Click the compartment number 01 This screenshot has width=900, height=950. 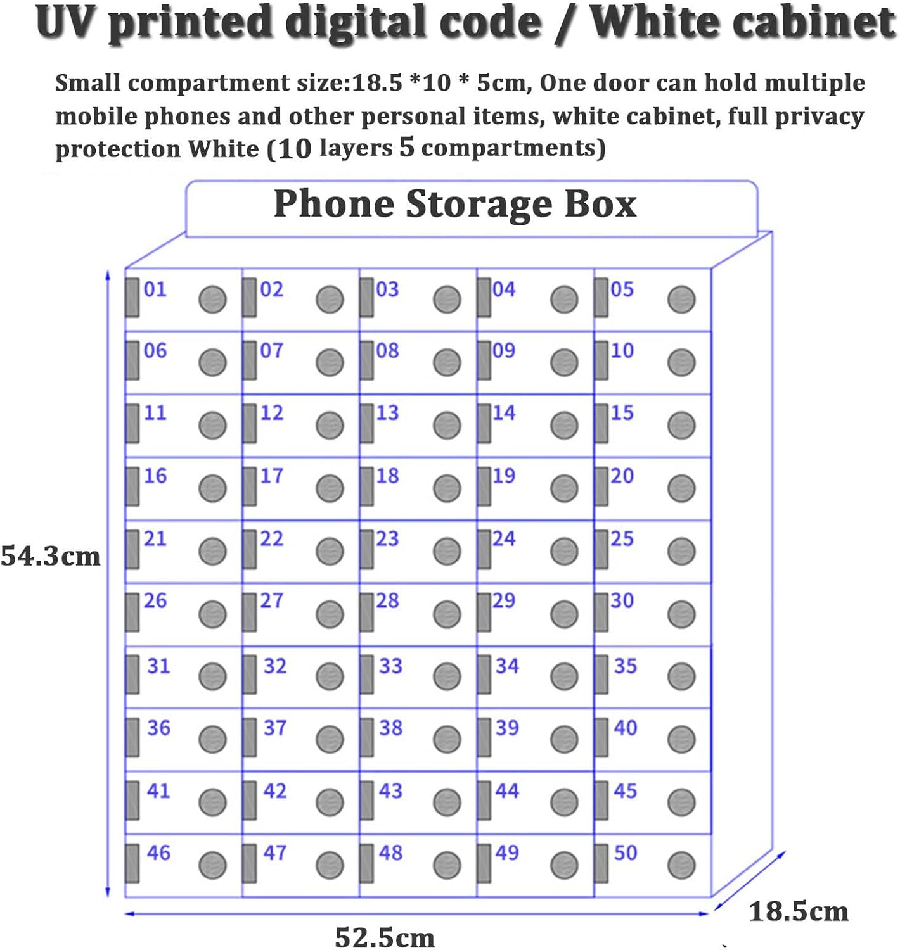[x=155, y=289]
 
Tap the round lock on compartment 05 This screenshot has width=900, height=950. [x=681, y=300]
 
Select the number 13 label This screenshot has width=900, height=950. [x=387, y=413]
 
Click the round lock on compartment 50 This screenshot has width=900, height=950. [x=681, y=865]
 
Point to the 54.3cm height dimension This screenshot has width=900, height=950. [x=51, y=557]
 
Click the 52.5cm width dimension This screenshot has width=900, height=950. [x=385, y=937]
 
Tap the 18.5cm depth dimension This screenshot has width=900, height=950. [x=798, y=912]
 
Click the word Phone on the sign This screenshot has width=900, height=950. [x=334, y=204]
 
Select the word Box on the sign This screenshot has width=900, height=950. [x=600, y=204]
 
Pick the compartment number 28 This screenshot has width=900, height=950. [x=387, y=600]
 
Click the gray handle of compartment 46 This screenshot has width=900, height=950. [x=132, y=863]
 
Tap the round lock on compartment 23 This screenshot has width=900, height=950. [x=447, y=551]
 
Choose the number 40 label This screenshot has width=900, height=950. [x=625, y=728]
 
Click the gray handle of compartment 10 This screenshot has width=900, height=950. [x=601, y=360]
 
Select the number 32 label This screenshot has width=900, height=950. [x=274, y=666]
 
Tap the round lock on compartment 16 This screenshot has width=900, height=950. [x=212, y=488]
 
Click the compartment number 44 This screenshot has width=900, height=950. [x=507, y=790]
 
